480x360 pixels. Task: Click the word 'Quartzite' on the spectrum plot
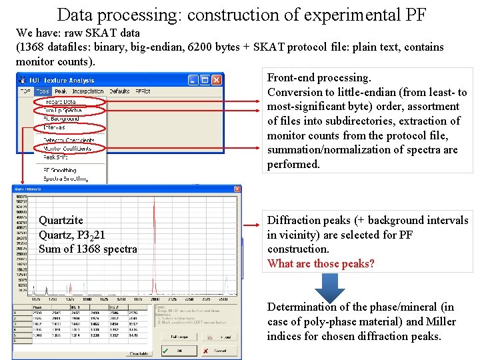pyautogui.click(x=61, y=220)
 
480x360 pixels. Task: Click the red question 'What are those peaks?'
pyautogui.click(x=321, y=263)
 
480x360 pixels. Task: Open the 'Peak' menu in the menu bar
pyautogui.click(x=61, y=91)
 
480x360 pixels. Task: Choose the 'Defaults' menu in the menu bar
pyautogui.click(x=119, y=91)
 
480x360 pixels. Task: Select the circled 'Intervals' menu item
pyautogui.click(x=54, y=127)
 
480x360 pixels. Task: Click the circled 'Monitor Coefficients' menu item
pyautogui.click(x=69, y=148)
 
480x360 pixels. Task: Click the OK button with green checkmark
pyautogui.click(x=174, y=351)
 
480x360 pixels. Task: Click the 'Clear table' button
pyautogui.click(x=138, y=353)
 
